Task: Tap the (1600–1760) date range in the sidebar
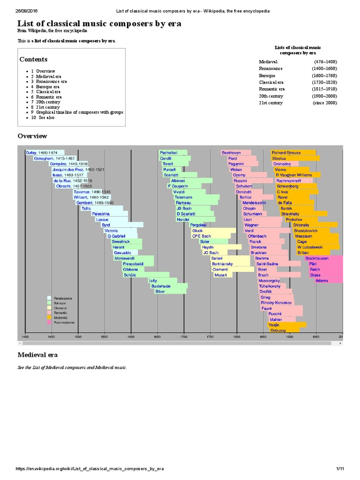325,75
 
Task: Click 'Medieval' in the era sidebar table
268,62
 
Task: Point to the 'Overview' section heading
32,136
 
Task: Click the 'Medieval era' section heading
39,355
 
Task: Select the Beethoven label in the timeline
232,153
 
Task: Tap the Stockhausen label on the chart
317,258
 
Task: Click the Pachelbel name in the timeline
168,153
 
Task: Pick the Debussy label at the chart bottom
278,330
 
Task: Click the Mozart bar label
220,275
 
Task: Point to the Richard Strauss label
285,153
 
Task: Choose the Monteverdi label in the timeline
125,258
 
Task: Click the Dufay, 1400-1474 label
42,153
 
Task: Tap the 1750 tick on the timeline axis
210,337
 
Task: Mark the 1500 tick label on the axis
78,337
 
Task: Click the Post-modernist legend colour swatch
49,322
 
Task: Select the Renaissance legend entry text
63,298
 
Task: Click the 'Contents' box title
33,60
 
